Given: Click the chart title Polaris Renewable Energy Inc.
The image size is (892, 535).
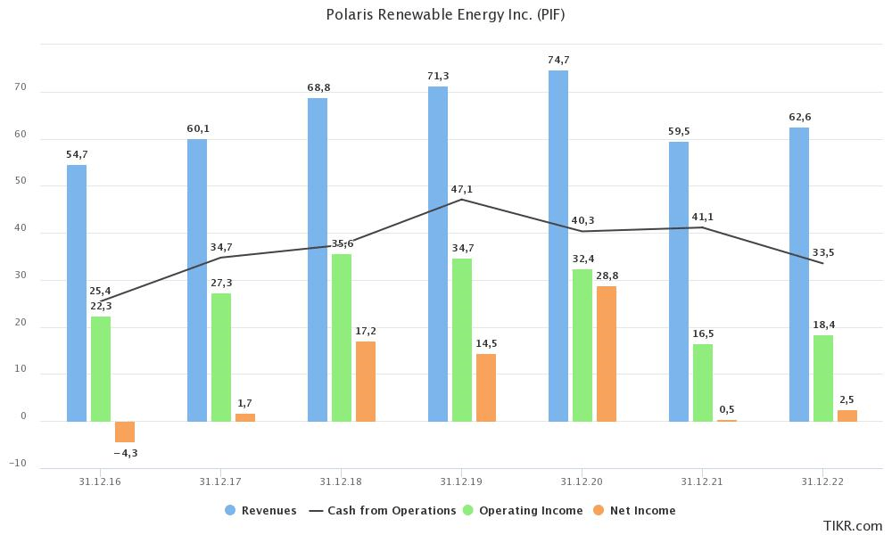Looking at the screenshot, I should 445,15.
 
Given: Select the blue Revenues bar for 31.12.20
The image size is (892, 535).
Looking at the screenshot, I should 558,245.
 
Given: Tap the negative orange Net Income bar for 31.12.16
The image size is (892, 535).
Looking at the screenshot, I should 125,432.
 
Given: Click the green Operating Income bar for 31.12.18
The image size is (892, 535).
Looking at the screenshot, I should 342,337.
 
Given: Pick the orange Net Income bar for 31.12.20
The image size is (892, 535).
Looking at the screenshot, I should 607,353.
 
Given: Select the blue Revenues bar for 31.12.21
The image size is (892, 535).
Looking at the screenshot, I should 679,281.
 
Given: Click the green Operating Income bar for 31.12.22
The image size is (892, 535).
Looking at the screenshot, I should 823,377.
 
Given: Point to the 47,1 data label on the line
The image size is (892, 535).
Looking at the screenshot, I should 462,189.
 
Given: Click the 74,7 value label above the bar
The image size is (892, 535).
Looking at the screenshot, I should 558,60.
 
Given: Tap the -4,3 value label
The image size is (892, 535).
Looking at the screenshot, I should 126,453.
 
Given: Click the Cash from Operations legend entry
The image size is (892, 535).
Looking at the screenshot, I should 383,511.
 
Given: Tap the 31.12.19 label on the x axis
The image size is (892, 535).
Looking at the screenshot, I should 461,481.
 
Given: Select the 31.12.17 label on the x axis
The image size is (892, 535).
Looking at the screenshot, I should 221,481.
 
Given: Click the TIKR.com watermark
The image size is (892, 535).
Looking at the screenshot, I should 852,525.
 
